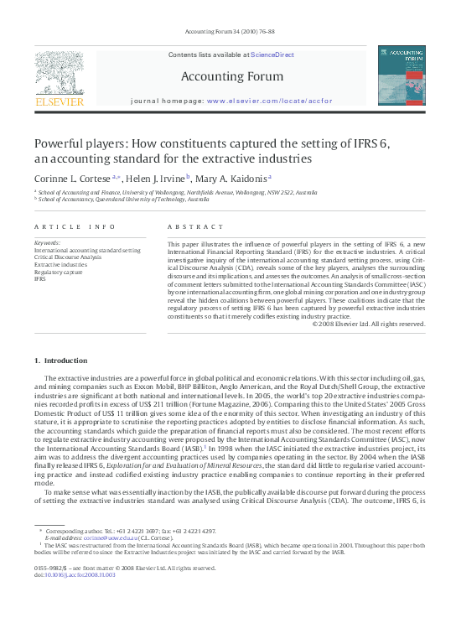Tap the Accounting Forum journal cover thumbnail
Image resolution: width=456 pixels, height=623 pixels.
tap(401, 76)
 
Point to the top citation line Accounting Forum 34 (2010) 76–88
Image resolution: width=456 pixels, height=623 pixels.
tap(226, 34)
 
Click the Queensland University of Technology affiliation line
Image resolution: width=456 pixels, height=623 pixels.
tap(122, 200)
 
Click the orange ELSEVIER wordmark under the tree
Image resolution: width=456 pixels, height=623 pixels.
tap(58, 102)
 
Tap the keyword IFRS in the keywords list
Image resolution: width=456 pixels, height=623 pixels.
tap(39, 280)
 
